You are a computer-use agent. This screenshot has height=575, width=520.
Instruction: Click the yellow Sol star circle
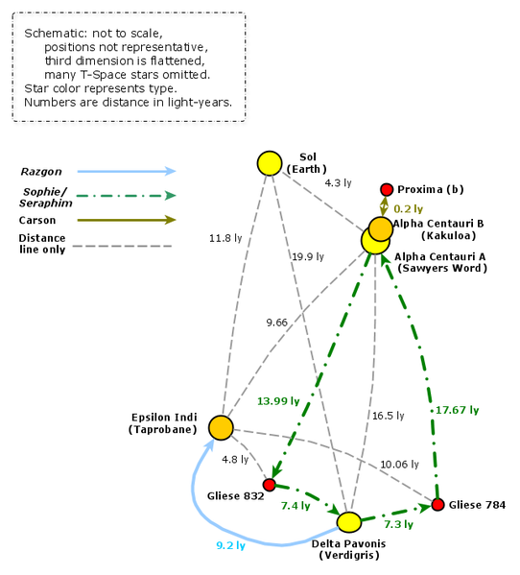coord(270,163)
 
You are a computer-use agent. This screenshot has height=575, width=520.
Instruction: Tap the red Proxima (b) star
coord(387,190)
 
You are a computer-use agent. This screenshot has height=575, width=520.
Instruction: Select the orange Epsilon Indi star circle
coord(221,427)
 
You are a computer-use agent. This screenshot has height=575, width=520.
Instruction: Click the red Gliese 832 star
coord(270,485)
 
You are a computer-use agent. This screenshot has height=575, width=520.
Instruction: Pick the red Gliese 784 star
coord(437,505)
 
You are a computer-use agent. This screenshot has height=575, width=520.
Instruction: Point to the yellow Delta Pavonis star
coord(349,522)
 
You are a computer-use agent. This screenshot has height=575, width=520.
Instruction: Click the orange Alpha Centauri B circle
coord(381,228)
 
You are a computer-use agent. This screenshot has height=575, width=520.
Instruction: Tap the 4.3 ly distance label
coord(338,182)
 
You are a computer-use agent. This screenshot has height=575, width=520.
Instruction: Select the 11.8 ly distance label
coord(225,238)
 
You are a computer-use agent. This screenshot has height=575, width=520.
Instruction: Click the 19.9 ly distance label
coord(308,256)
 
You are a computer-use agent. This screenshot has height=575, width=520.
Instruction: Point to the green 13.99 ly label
coord(278,401)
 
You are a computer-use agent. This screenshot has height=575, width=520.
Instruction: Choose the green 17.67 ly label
coord(458,410)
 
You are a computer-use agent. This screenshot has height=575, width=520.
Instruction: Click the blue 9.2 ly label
coord(230,545)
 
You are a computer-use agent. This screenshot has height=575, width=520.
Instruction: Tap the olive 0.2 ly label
coord(409,209)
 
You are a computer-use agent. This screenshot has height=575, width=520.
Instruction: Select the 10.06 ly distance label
coord(399,465)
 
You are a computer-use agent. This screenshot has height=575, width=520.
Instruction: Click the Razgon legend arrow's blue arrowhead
coord(171,171)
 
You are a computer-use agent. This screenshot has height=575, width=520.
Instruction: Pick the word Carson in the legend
coord(37,221)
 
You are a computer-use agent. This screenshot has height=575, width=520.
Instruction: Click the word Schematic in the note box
coord(56,34)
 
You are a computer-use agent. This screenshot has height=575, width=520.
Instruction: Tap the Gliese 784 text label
coord(477,505)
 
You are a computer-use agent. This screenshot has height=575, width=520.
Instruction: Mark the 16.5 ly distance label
coord(388,416)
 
